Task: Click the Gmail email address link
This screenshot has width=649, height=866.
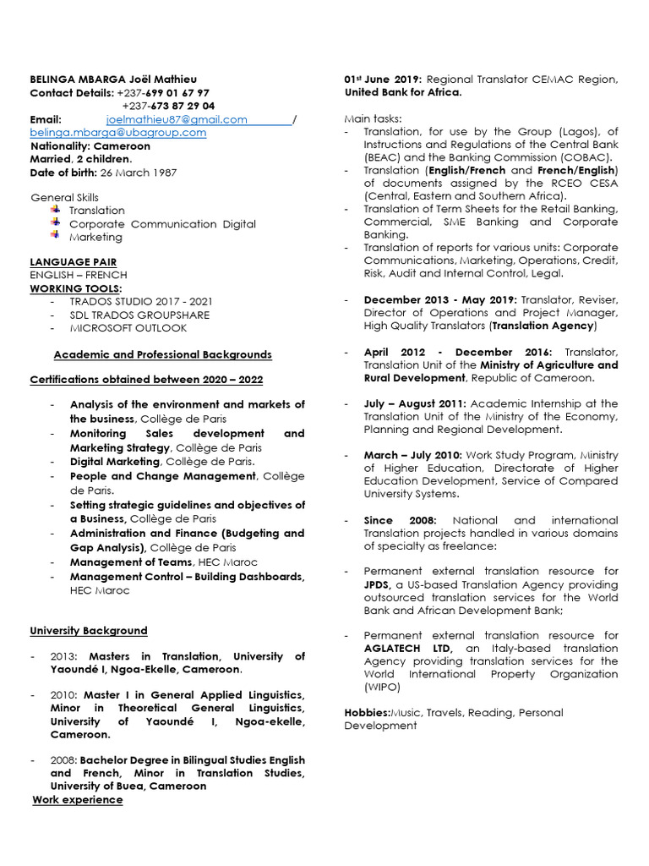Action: coord(177,120)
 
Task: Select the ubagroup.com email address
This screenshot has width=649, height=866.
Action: coord(118,133)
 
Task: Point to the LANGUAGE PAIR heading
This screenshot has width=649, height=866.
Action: coord(74,262)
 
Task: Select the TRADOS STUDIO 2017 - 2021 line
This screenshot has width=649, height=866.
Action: coord(141,302)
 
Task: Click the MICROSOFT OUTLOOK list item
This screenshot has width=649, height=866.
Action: coord(128,328)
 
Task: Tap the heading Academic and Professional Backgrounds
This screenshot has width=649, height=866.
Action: coord(163,354)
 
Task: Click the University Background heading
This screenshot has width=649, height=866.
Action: coord(89,631)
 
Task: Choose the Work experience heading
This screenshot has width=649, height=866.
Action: coord(78,800)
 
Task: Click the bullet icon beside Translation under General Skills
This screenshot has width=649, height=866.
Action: coord(55,209)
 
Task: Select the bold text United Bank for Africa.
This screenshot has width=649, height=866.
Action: coord(403,92)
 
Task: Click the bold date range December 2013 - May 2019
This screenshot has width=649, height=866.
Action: coord(440,300)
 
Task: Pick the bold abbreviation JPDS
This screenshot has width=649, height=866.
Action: coord(376,584)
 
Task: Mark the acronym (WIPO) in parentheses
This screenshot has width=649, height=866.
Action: coord(381,688)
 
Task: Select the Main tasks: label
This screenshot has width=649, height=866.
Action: coord(373,118)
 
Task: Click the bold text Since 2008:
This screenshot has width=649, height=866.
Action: coord(400,520)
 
